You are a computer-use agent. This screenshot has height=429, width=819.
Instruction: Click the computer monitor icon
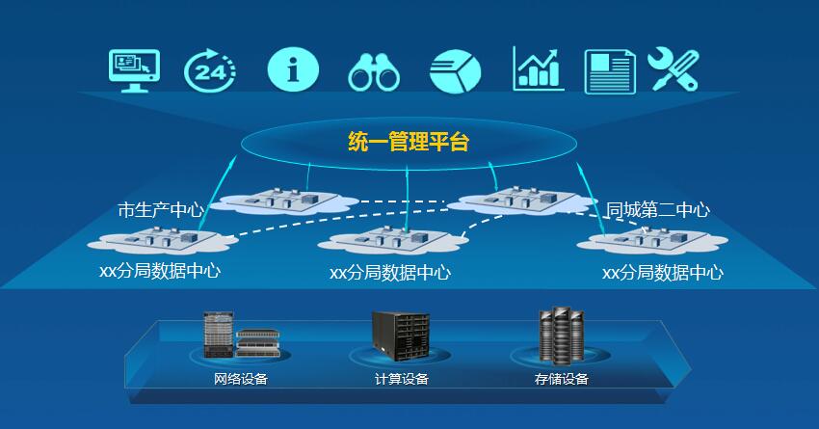pyautogui.click(x=134, y=69)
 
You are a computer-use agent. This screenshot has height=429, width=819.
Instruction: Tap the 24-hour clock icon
pyautogui.click(x=209, y=70)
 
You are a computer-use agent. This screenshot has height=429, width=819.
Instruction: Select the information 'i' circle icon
pyautogui.click(x=292, y=69)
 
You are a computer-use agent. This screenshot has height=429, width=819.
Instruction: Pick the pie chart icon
pyautogui.click(x=455, y=71)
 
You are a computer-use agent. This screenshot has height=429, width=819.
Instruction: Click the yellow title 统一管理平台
pyautogui.click(x=409, y=144)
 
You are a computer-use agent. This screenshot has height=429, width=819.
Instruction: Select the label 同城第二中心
pyautogui.click(x=658, y=209)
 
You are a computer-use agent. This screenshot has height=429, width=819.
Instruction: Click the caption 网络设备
pyautogui.click(x=241, y=379)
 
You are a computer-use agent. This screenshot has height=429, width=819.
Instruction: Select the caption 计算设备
pyautogui.click(x=402, y=379)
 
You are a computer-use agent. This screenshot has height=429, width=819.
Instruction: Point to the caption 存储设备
pyautogui.click(x=562, y=379)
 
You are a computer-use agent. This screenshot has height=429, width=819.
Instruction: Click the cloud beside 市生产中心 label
pyautogui.click(x=279, y=201)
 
